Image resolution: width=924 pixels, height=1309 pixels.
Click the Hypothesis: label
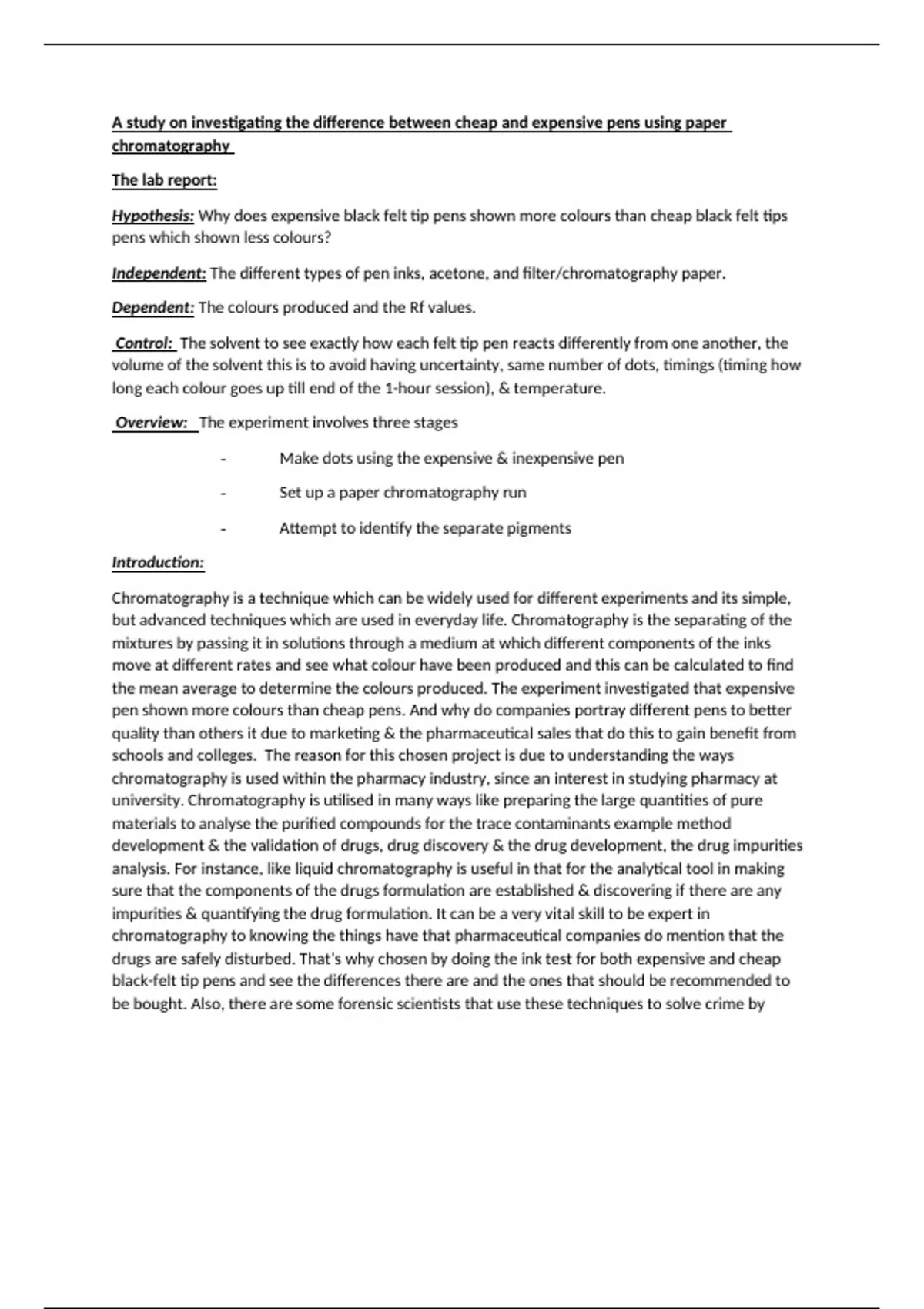tap(152, 216)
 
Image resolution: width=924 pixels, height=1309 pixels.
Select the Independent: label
tap(159, 273)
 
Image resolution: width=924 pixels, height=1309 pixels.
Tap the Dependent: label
tap(152, 308)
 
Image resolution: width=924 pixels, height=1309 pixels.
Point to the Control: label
tap(144, 343)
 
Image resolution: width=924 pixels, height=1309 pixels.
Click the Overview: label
tap(152, 423)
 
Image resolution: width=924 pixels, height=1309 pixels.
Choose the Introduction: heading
tap(158, 563)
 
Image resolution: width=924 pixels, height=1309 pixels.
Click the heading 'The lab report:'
tap(164, 180)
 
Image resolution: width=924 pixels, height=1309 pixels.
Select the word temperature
tap(559, 388)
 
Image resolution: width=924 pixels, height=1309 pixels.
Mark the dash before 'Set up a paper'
tap(223, 494)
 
